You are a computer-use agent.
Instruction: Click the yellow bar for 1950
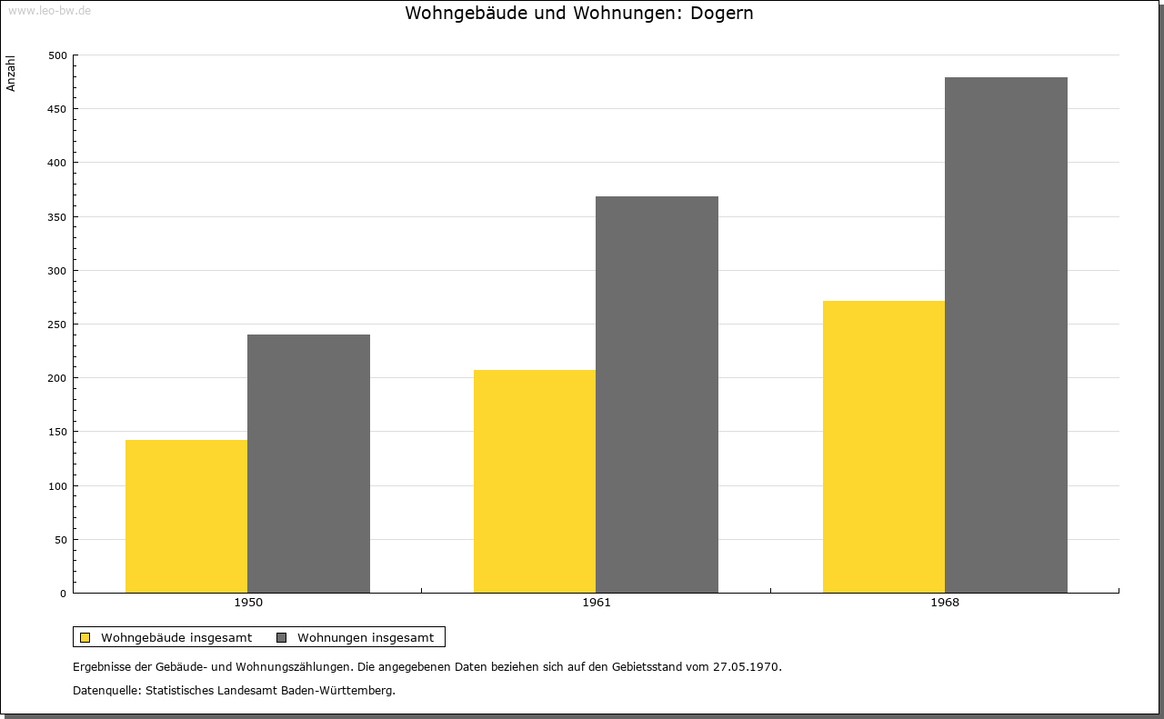tap(186, 516)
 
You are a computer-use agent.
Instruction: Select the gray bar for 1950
tap(308, 464)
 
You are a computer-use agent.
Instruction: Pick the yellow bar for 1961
tap(535, 481)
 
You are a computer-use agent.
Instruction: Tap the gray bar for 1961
tap(657, 394)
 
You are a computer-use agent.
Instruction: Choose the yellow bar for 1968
tap(884, 447)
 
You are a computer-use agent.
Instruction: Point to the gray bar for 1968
tap(1006, 335)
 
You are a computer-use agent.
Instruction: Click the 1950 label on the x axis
tap(248, 603)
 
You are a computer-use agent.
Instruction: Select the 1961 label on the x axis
tap(597, 603)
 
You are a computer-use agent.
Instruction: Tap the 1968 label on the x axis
tap(945, 603)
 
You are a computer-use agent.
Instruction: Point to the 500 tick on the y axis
tap(57, 55)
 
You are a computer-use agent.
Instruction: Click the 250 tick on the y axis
tap(57, 325)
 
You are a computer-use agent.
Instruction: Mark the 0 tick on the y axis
tap(64, 594)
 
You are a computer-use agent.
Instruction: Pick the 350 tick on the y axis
tap(57, 217)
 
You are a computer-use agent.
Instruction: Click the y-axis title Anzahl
tap(10, 74)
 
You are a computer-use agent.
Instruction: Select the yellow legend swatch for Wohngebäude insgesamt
tap(85, 637)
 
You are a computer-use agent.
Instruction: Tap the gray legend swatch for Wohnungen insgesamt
tap(281, 637)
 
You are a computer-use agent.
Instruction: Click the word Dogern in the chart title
tap(722, 14)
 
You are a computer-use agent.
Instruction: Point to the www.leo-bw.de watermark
tap(49, 10)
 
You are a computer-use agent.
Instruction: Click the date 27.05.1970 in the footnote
tap(747, 666)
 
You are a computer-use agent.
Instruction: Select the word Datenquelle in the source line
tap(105, 691)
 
